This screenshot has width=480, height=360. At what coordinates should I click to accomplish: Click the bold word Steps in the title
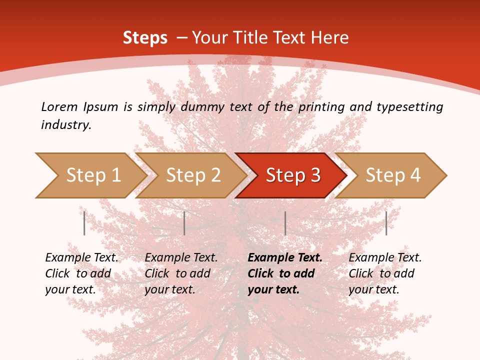coord(145,37)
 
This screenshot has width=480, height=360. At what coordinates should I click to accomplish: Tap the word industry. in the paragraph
coord(66,124)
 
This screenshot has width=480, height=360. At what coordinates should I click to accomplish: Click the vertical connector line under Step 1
coord(84,223)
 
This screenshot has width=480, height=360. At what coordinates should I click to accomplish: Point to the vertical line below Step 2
coord(184,223)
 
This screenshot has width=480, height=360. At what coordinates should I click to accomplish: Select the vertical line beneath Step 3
coord(285,223)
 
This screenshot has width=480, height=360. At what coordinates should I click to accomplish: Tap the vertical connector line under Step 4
coord(386,223)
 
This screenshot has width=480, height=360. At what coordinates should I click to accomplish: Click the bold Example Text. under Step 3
coord(285,257)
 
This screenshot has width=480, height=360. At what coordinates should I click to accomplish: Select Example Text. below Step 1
coord(81,257)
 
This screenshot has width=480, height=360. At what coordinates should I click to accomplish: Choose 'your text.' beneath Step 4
coord(373,289)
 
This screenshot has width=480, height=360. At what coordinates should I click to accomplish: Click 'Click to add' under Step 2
coord(177,273)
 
